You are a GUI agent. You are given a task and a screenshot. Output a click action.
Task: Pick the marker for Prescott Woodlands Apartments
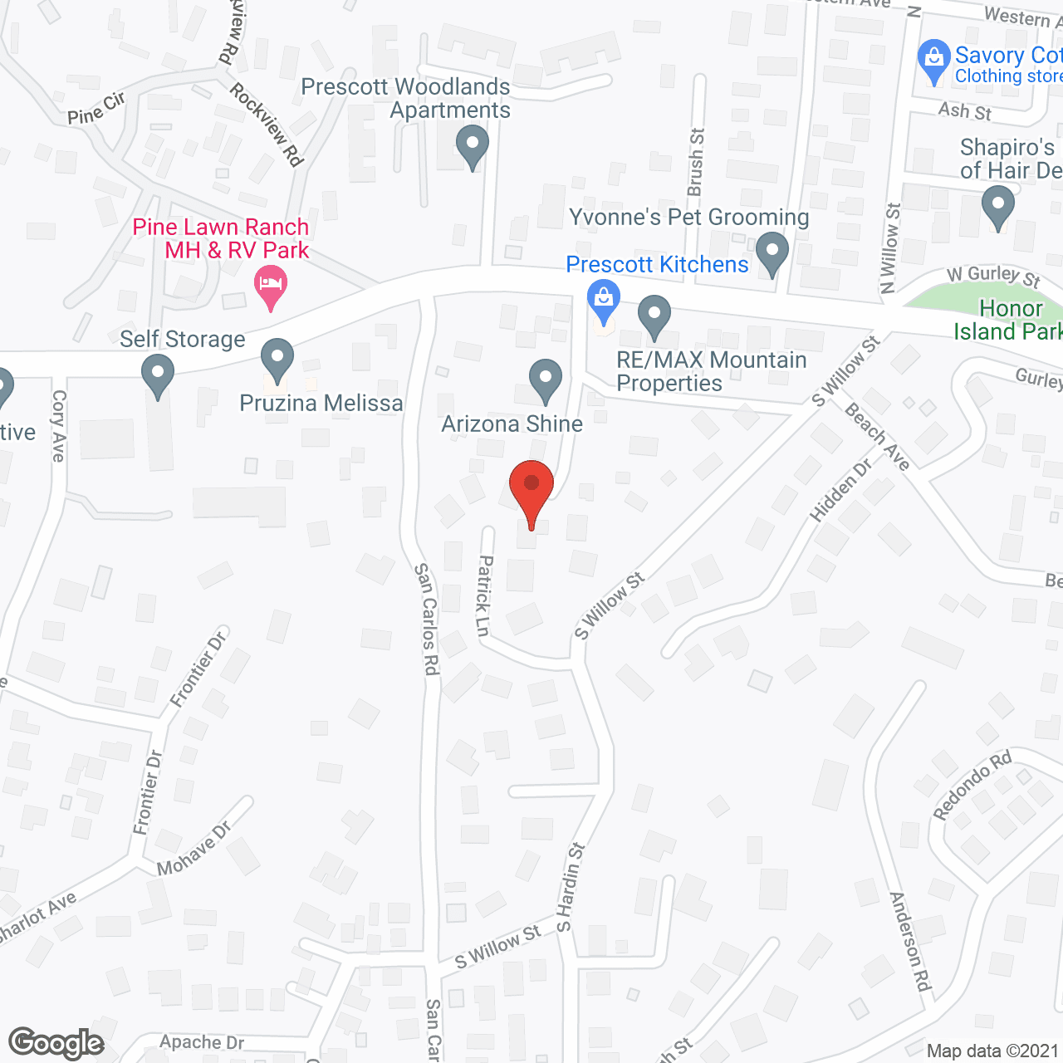click(473, 146)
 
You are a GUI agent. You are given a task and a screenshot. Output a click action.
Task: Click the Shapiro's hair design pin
click(998, 207)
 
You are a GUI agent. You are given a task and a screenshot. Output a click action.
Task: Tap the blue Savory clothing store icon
click(934, 61)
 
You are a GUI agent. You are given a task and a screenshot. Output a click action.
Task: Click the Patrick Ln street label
click(484, 595)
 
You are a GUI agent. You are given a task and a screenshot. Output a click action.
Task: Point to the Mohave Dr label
click(194, 849)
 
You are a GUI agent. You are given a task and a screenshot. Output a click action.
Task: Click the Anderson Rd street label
click(909, 941)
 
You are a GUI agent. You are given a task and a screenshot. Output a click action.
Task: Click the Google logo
click(56, 1043)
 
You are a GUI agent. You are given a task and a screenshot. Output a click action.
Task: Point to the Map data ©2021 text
click(992, 1051)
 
